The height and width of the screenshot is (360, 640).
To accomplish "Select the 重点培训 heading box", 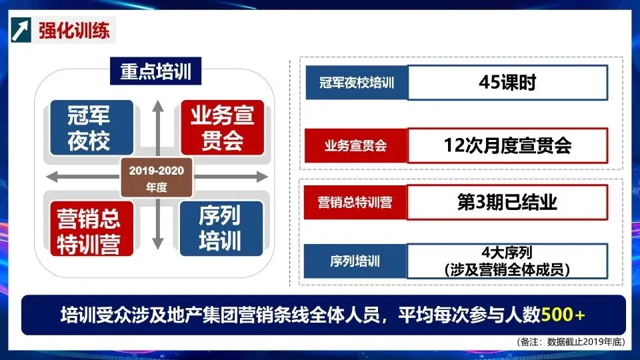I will point(156,72).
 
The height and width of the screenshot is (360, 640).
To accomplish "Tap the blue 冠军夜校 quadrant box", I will point(89,129).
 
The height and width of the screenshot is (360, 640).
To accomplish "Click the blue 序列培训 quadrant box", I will point(219,229).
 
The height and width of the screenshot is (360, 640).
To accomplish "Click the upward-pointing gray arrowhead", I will point(156,105).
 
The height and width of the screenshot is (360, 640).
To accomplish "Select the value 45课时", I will point(507,83).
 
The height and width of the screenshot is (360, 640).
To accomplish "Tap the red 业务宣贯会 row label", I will point(355,145).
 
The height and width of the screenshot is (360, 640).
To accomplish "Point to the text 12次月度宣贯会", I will point(507,145).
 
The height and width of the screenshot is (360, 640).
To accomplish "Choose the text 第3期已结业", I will point(507,203).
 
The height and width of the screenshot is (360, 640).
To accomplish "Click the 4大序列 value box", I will point(507,261).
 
